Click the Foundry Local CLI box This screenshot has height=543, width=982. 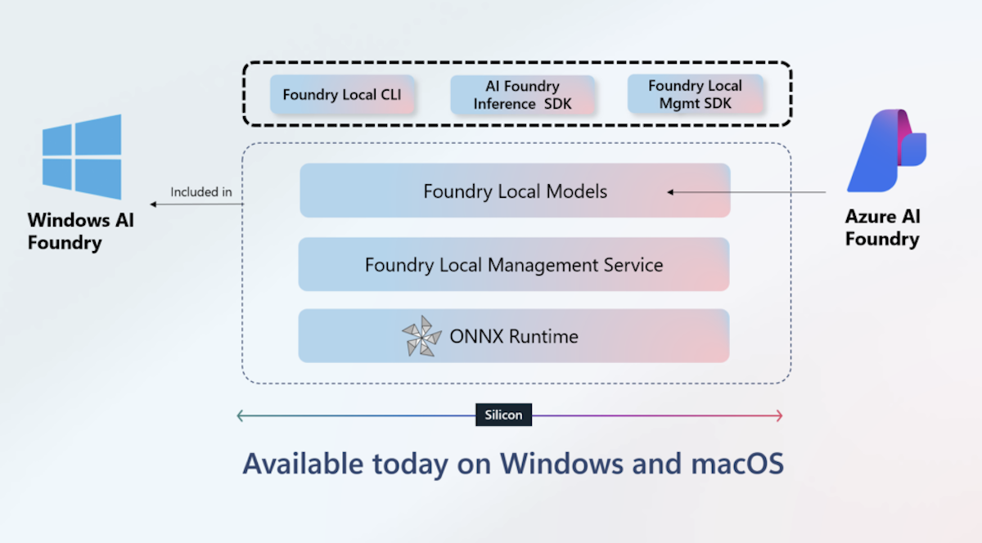(342, 95)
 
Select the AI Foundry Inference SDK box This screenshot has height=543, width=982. (523, 95)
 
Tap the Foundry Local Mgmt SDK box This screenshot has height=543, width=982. (695, 94)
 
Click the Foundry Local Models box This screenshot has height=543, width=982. (515, 191)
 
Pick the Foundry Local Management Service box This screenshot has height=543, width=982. (513, 265)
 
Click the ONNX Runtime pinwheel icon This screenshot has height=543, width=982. (422, 336)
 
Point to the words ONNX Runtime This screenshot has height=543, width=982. (514, 336)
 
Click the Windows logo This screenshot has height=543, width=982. (82, 156)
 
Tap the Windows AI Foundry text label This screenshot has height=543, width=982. (80, 231)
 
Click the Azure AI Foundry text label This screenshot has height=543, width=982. (882, 228)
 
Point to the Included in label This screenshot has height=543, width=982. (201, 192)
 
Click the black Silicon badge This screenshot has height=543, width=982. (503, 415)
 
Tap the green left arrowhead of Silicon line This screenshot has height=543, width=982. (241, 415)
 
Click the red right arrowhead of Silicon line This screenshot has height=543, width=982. (779, 415)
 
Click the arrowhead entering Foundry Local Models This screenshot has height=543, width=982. (670, 192)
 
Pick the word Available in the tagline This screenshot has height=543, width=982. (303, 464)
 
